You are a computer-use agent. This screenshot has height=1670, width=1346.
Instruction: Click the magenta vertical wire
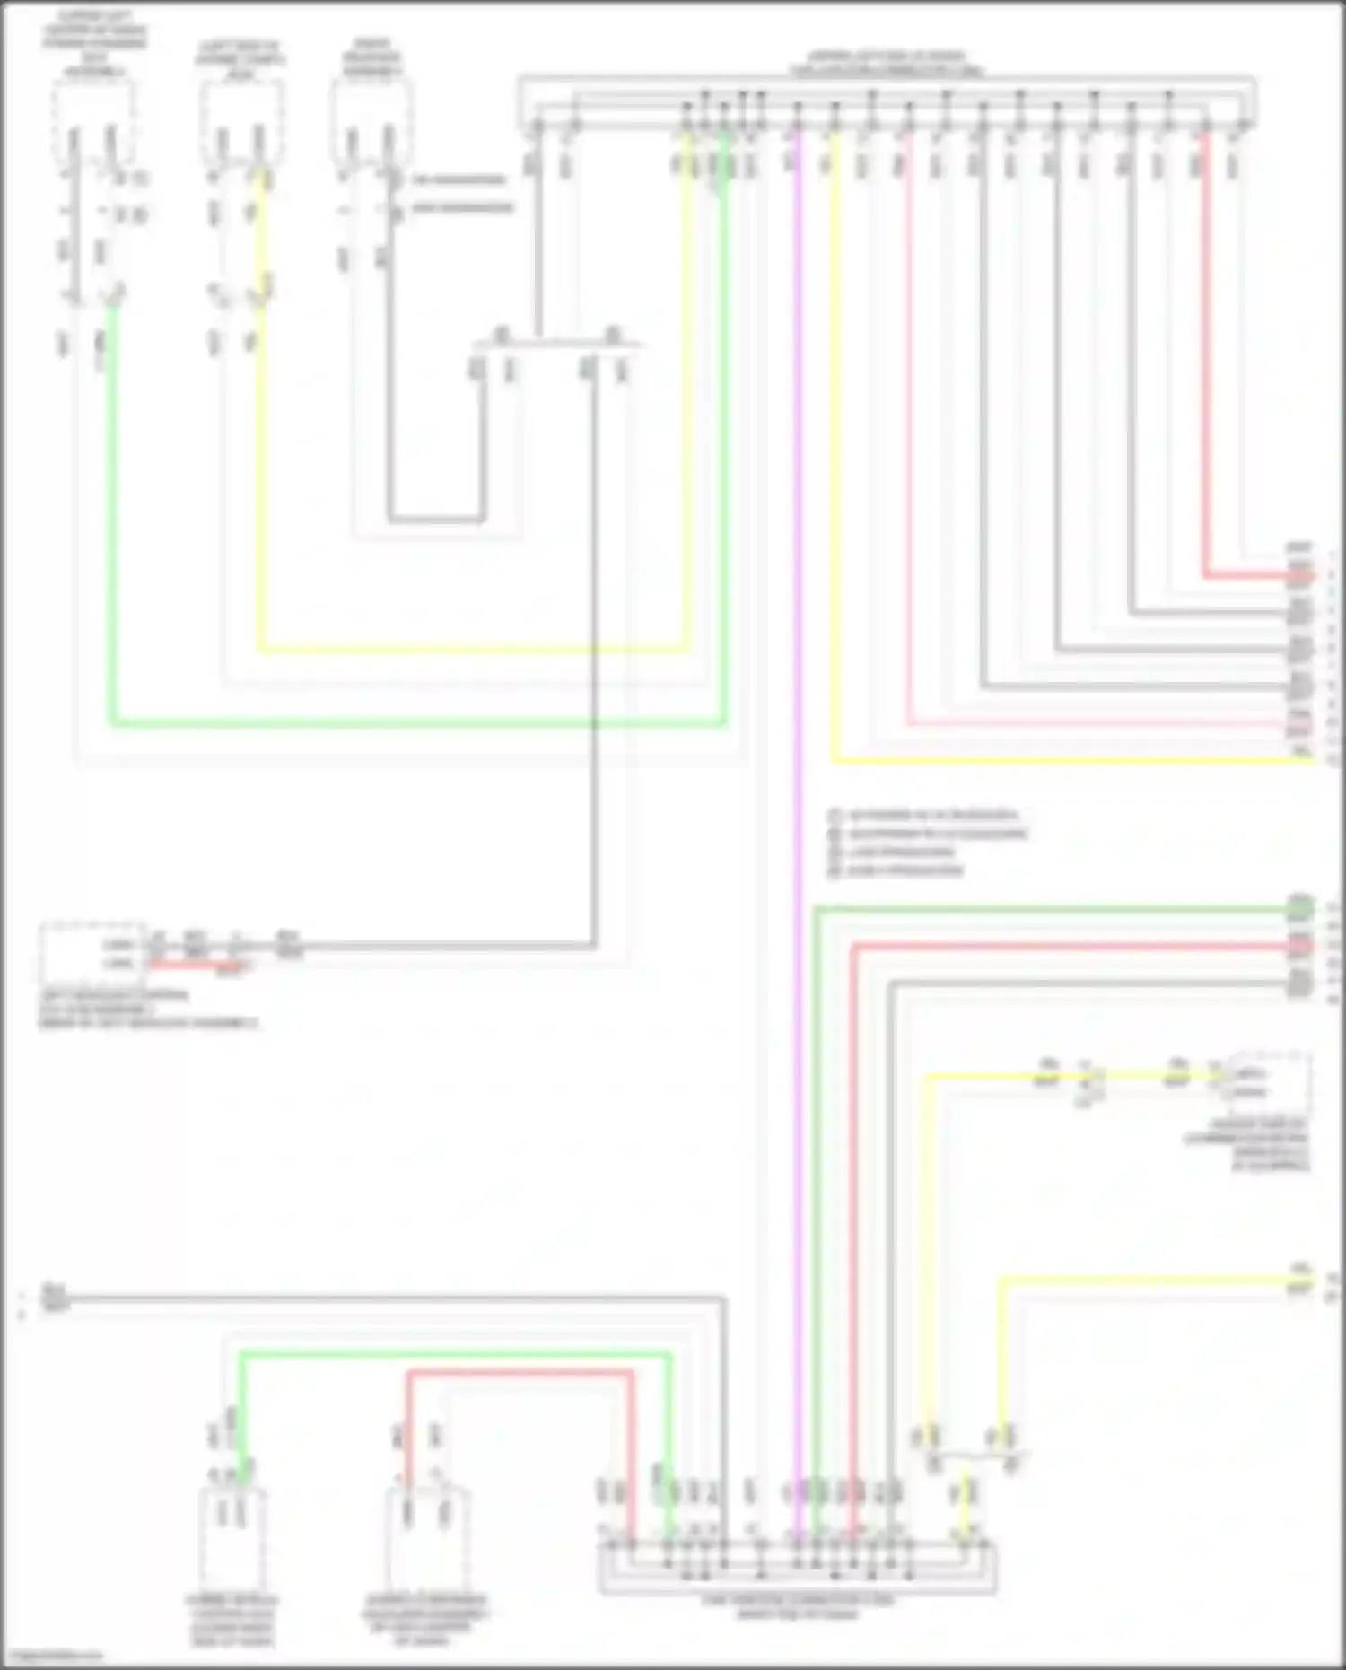coord(796,808)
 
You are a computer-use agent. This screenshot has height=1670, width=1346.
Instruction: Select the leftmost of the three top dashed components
coord(94,121)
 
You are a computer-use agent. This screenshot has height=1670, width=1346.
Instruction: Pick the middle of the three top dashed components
coord(241,121)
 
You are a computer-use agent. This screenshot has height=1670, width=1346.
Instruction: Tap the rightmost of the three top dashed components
coord(371,121)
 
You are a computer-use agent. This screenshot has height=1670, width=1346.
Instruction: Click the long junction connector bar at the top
coord(886,103)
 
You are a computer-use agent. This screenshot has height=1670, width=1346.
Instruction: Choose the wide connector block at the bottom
coord(797,1566)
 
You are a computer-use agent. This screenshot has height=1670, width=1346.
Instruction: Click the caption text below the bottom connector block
coord(797,1607)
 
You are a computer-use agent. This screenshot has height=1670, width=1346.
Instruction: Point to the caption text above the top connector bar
coord(886,63)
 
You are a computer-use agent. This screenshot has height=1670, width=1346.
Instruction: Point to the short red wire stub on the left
coord(188,965)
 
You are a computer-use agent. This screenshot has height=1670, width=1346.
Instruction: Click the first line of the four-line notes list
coord(924,816)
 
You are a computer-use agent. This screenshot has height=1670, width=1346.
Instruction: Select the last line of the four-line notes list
coord(897,870)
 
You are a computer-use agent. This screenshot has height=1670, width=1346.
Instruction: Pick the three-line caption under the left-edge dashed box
coord(148,1009)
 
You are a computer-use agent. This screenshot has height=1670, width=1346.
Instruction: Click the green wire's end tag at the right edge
coord(1299,909)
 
